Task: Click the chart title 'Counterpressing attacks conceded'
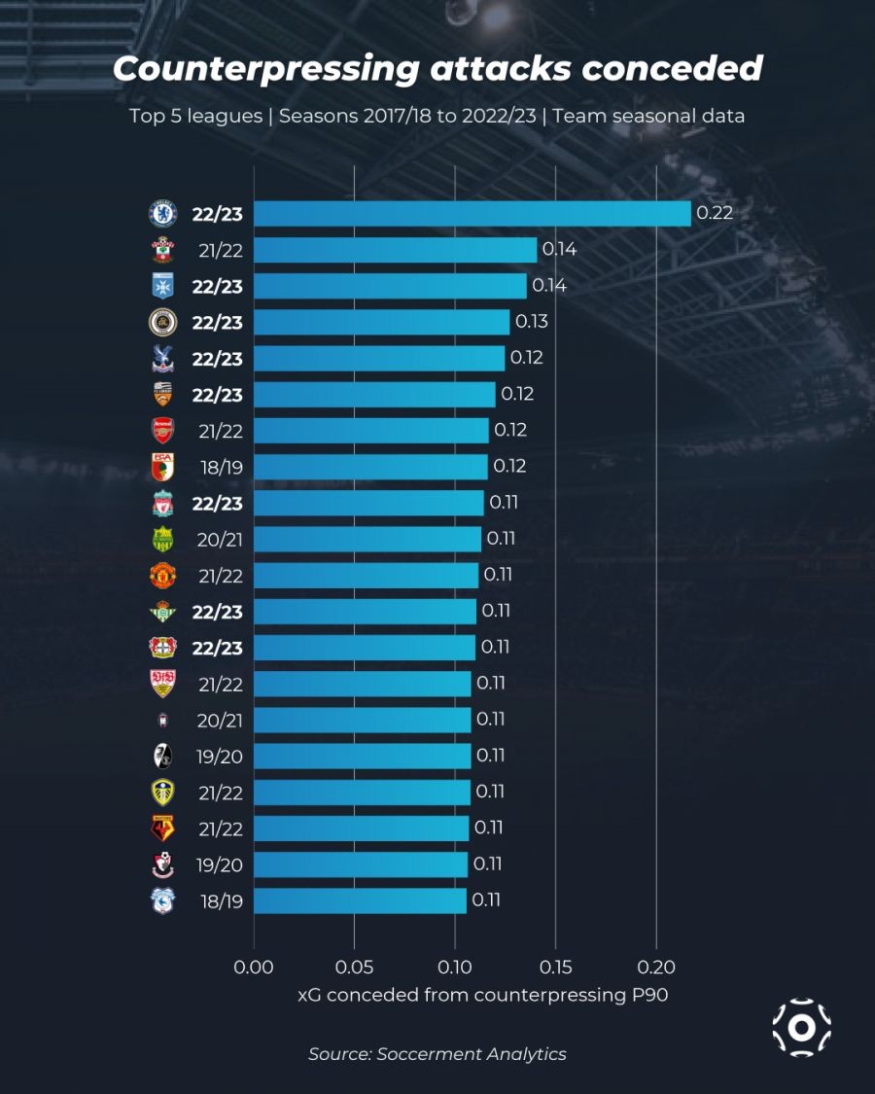[x=437, y=69]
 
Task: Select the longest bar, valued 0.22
[x=472, y=214]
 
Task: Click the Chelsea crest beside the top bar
[x=161, y=214]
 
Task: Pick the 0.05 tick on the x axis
[x=354, y=968]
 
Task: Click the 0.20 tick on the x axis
[x=656, y=968]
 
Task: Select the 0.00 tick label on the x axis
[x=254, y=968]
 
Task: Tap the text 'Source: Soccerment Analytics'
[x=437, y=1053]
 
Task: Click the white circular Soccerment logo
[x=802, y=1027]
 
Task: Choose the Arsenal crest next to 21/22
[x=161, y=430]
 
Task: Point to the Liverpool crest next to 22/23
[x=161, y=503]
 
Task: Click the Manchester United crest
[x=161, y=575]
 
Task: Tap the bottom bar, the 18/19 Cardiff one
[x=360, y=900]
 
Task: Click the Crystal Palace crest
[x=161, y=358]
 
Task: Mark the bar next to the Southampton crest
[x=395, y=250]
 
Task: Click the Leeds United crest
[x=161, y=792]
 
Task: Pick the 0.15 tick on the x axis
[x=555, y=968]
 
